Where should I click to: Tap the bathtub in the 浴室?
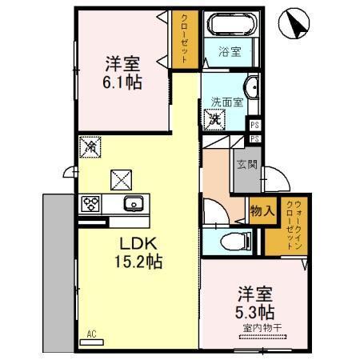[x=229, y=25]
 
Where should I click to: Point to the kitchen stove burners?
[x=89, y=203]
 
